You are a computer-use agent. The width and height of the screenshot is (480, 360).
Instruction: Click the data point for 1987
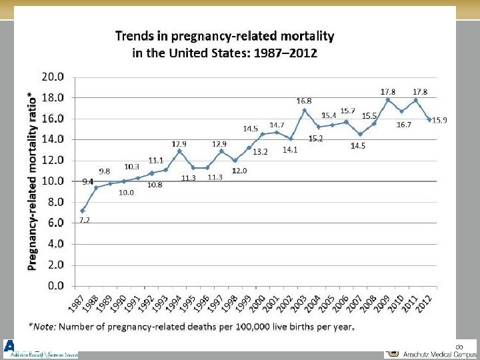pos(83,211)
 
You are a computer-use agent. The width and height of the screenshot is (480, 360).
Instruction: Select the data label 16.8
pos(305,101)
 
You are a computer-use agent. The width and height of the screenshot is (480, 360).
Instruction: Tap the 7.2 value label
pos(85,219)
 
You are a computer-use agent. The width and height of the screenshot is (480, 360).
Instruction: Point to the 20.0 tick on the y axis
pos(53,77)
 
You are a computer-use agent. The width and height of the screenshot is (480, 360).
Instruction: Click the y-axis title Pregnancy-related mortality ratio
pos(32,181)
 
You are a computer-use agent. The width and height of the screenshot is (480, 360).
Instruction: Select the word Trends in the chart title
pos(137,35)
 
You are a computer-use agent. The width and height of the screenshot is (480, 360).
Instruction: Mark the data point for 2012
pos(430,119)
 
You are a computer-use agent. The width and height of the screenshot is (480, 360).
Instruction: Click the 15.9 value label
pos(439,120)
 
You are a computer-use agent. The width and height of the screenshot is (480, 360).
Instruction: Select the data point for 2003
pos(304,110)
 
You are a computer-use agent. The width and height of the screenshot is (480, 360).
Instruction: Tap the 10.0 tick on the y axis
pos(53,181)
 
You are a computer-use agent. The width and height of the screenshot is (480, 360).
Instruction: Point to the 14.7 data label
pos(277,125)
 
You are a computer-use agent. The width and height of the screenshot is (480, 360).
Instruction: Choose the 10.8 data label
pos(155,184)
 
